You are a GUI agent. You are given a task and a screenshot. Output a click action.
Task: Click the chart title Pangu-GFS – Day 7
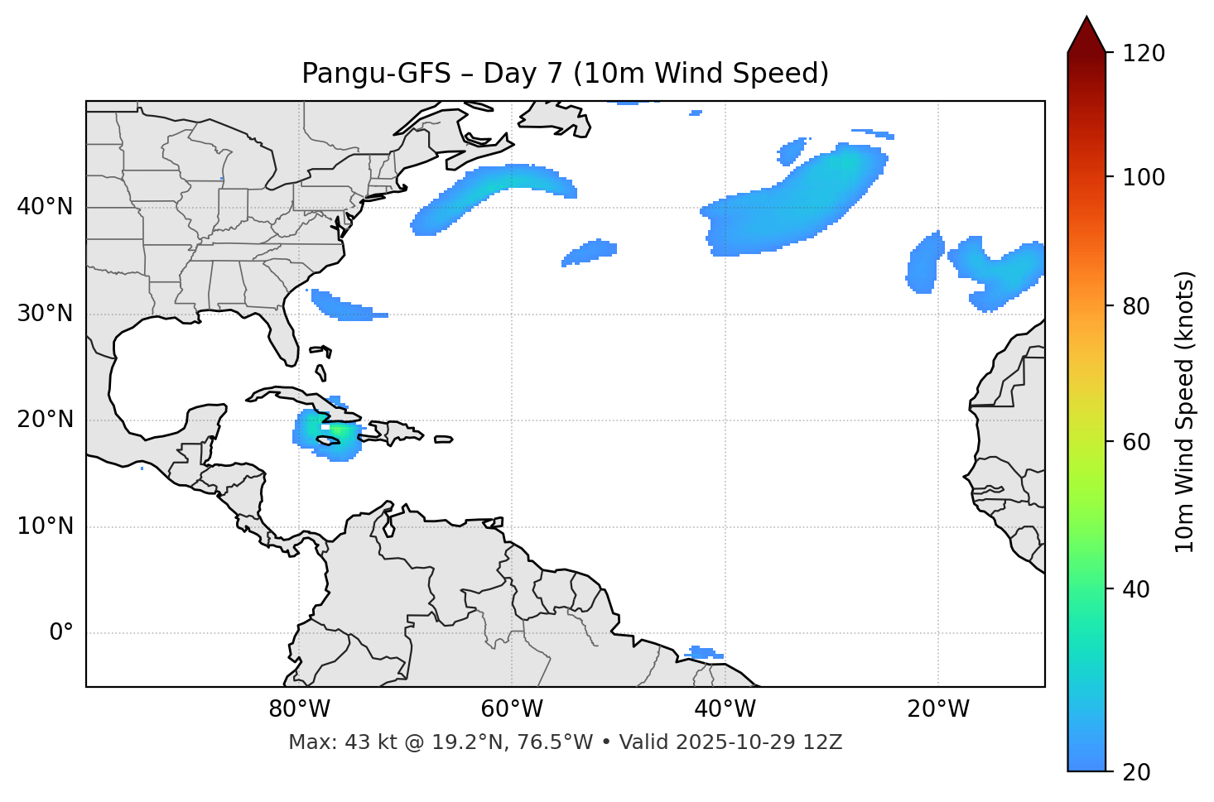pos(565,74)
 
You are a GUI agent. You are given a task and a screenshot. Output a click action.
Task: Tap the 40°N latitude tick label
pos(45,207)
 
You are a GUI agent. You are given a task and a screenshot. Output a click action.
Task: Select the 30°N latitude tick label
pos(45,314)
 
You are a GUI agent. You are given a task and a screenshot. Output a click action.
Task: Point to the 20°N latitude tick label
pos(45,420)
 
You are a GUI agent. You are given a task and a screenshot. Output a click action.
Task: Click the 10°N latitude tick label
pos(45,526)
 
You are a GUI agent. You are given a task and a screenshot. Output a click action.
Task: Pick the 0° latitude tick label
pos(61,633)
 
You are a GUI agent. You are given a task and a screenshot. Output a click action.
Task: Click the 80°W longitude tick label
pos(299,709)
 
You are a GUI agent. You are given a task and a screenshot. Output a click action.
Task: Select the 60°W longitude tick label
pos(512,709)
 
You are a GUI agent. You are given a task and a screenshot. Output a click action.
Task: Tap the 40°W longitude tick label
pos(725,709)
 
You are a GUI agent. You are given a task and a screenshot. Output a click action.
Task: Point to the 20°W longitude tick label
pos(937,709)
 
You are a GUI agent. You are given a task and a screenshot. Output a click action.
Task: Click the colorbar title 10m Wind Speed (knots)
pos(1185,411)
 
